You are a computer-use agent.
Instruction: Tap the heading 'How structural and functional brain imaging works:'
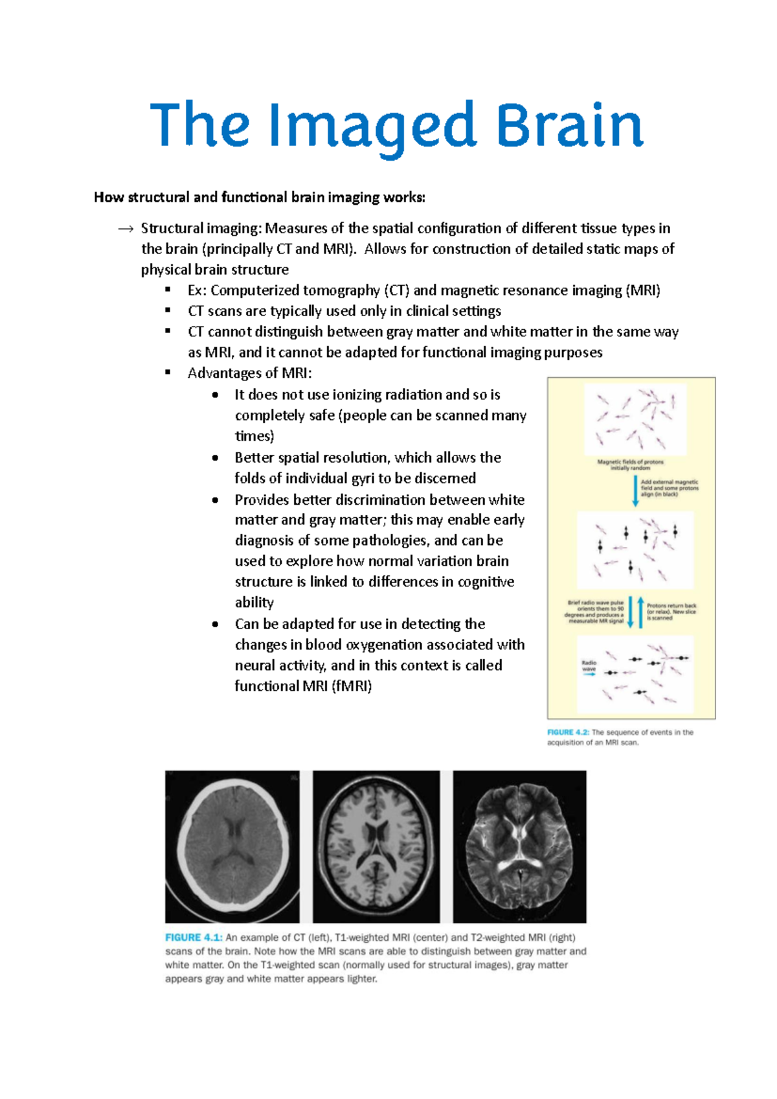coord(260,197)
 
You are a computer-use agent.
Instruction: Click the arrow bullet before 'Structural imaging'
coord(126,229)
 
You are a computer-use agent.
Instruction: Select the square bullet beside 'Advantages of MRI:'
coord(168,373)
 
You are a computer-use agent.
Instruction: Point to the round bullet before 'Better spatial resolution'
coord(215,457)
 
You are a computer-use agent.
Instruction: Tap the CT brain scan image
coord(232,846)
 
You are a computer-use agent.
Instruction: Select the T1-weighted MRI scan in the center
coord(376,846)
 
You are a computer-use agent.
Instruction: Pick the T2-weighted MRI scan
coord(519,846)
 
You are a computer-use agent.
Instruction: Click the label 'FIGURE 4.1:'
coord(194,938)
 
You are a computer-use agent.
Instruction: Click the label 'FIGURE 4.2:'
coord(568,732)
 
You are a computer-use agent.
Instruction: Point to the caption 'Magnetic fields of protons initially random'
coord(630,465)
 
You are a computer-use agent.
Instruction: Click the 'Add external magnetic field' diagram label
coord(670,488)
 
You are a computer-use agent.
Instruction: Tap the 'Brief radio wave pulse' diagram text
coord(596,611)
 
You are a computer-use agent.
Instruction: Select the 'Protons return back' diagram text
coord(671,612)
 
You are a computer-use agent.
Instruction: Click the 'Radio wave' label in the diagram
coord(589,665)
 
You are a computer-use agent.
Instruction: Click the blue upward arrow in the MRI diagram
coord(640,612)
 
